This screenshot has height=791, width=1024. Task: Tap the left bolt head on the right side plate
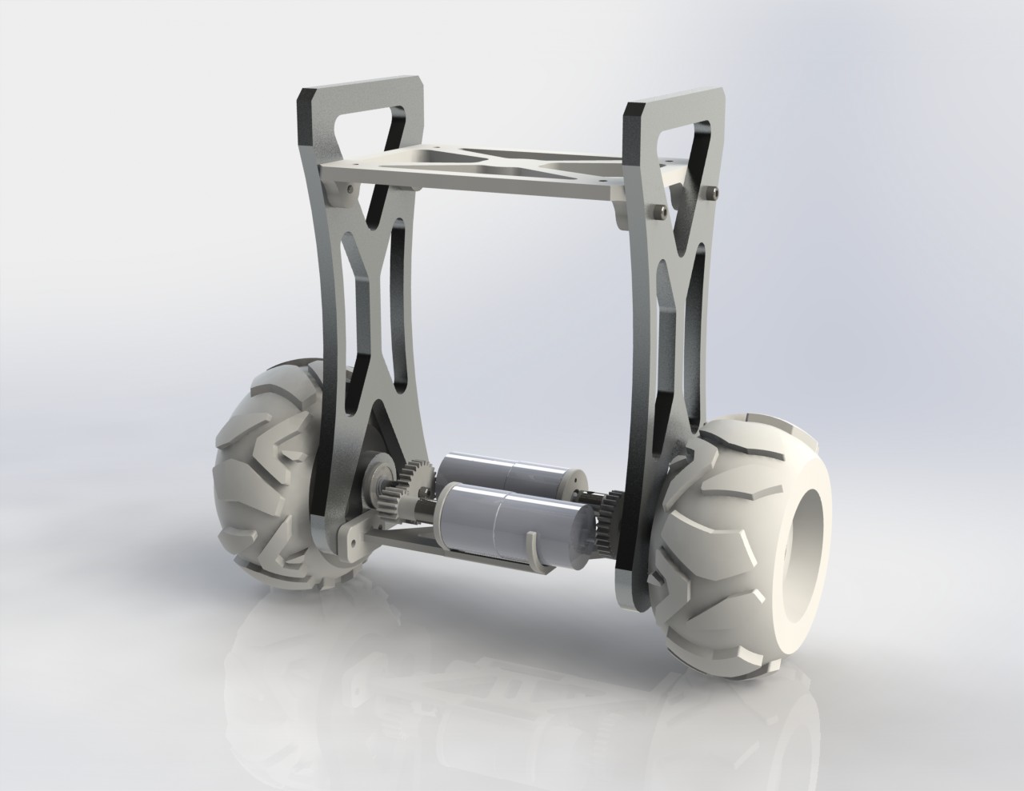point(657,210)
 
